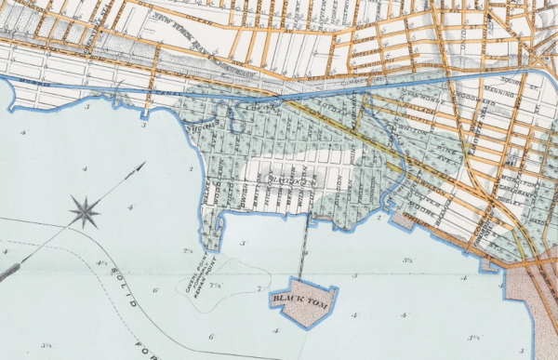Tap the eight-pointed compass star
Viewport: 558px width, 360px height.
click(x=84, y=212)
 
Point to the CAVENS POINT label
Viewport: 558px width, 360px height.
click(x=192, y=273)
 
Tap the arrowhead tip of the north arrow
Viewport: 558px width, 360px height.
click(x=144, y=164)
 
